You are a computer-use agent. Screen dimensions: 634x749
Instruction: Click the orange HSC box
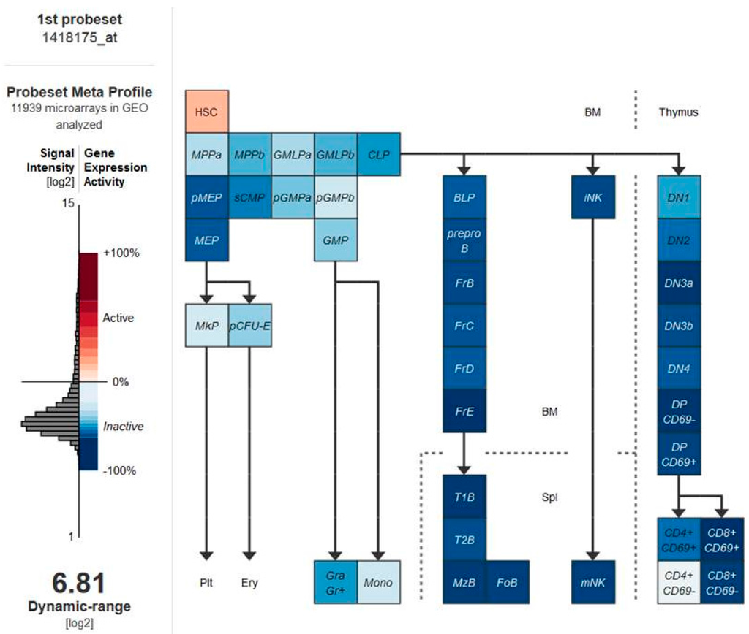point(206,112)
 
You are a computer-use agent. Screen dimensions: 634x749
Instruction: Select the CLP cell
point(380,154)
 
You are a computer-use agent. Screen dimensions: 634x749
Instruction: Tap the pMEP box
point(206,197)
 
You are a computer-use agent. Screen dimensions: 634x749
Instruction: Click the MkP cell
point(206,325)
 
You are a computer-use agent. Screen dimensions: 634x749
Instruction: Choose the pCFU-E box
point(249,325)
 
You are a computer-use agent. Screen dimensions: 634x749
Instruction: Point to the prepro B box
point(464,240)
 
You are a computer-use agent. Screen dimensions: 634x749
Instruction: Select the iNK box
point(593,197)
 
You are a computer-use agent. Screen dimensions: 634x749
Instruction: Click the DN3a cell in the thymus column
point(680,283)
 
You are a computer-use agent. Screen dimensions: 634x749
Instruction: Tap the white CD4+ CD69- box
point(680,582)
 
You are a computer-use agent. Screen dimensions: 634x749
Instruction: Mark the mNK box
point(593,582)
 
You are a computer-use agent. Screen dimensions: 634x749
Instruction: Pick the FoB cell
point(507,582)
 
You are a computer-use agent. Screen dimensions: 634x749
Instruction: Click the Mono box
point(379,582)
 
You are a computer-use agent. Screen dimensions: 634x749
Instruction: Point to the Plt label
point(206,583)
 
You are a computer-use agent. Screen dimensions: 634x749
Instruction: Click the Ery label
point(249,583)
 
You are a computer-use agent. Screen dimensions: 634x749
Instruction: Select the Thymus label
point(678,112)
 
